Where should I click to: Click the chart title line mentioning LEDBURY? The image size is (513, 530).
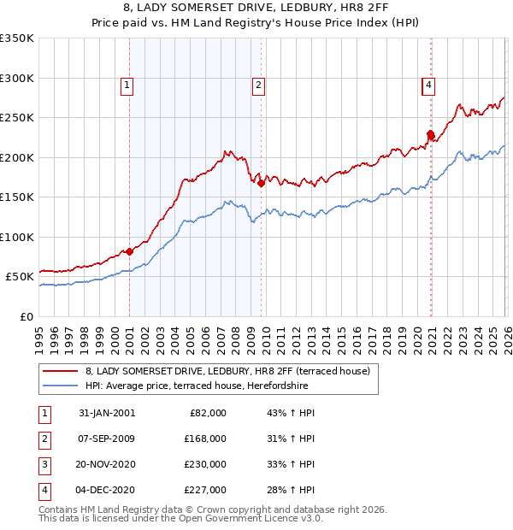tap(256, 9)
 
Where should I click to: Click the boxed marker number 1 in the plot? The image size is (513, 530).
tap(127, 85)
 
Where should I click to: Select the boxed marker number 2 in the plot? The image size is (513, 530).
tap(258, 85)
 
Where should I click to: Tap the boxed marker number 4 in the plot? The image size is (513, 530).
tap(427, 85)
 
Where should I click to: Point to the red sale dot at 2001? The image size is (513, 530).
tap(129, 251)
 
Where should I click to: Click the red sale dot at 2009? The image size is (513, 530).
tap(261, 183)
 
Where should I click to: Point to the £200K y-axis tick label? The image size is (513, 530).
tap(17, 157)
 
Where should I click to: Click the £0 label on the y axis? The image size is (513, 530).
tap(27, 316)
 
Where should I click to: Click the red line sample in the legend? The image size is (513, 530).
tap(61, 371)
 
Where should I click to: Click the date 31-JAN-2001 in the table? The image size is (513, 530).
tap(107, 413)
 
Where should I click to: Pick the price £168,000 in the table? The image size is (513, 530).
tap(205, 439)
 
